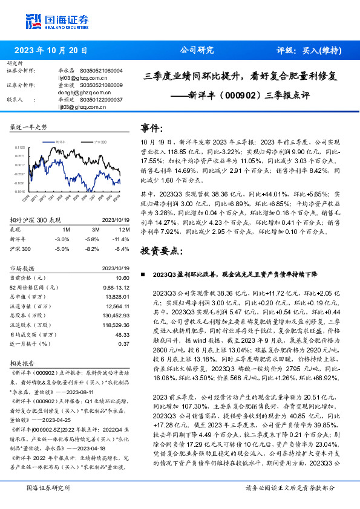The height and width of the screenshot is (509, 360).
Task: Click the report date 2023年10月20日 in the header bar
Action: coord(49,51)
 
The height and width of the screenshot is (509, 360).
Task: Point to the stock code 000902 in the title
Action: coord(241,95)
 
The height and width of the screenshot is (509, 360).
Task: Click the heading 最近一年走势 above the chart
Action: coord(28,127)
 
